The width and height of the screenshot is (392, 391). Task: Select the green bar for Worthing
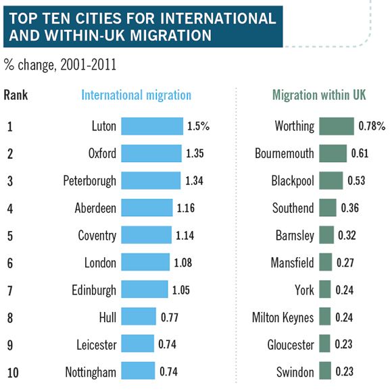click(x=336, y=126)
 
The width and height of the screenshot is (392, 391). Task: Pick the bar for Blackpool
click(x=330, y=180)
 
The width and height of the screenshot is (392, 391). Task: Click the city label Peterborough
click(x=90, y=181)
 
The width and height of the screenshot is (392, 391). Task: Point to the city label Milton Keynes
click(x=283, y=317)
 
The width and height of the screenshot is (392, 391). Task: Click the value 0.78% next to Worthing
click(x=372, y=126)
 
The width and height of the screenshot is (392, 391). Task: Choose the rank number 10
click(x=11, y=371)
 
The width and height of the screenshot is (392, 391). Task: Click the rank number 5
click(x=9, y=236)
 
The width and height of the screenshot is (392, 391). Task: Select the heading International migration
click(x=136, y=95)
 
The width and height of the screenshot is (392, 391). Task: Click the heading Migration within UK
click(x=318, y=95)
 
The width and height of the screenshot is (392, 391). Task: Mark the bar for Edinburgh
click(x=145, y=290)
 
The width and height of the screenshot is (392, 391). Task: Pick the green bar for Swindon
click(x=324, y=371)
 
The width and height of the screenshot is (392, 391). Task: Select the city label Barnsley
click(x=295, y=236)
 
